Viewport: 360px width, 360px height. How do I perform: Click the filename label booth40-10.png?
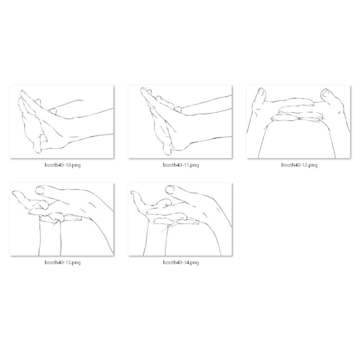point(62,165)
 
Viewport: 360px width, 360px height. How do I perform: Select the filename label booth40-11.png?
point(181,165)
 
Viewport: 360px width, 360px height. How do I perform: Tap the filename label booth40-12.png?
point(299,165)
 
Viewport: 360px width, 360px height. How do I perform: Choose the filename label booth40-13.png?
point(62,262)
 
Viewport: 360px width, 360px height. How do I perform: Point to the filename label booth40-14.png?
point(181,262)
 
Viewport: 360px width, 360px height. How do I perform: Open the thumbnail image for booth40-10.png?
point(62,122)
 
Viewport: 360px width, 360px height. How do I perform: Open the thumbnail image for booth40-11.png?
point(180,122)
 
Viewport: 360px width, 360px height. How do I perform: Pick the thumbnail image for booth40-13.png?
point(62,219)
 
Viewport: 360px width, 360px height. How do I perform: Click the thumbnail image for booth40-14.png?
point(180,219)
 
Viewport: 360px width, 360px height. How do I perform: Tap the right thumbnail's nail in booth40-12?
point(326,93)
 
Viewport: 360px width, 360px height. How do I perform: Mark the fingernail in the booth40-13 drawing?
point(40,190)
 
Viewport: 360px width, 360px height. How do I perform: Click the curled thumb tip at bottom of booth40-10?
point(37,148)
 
